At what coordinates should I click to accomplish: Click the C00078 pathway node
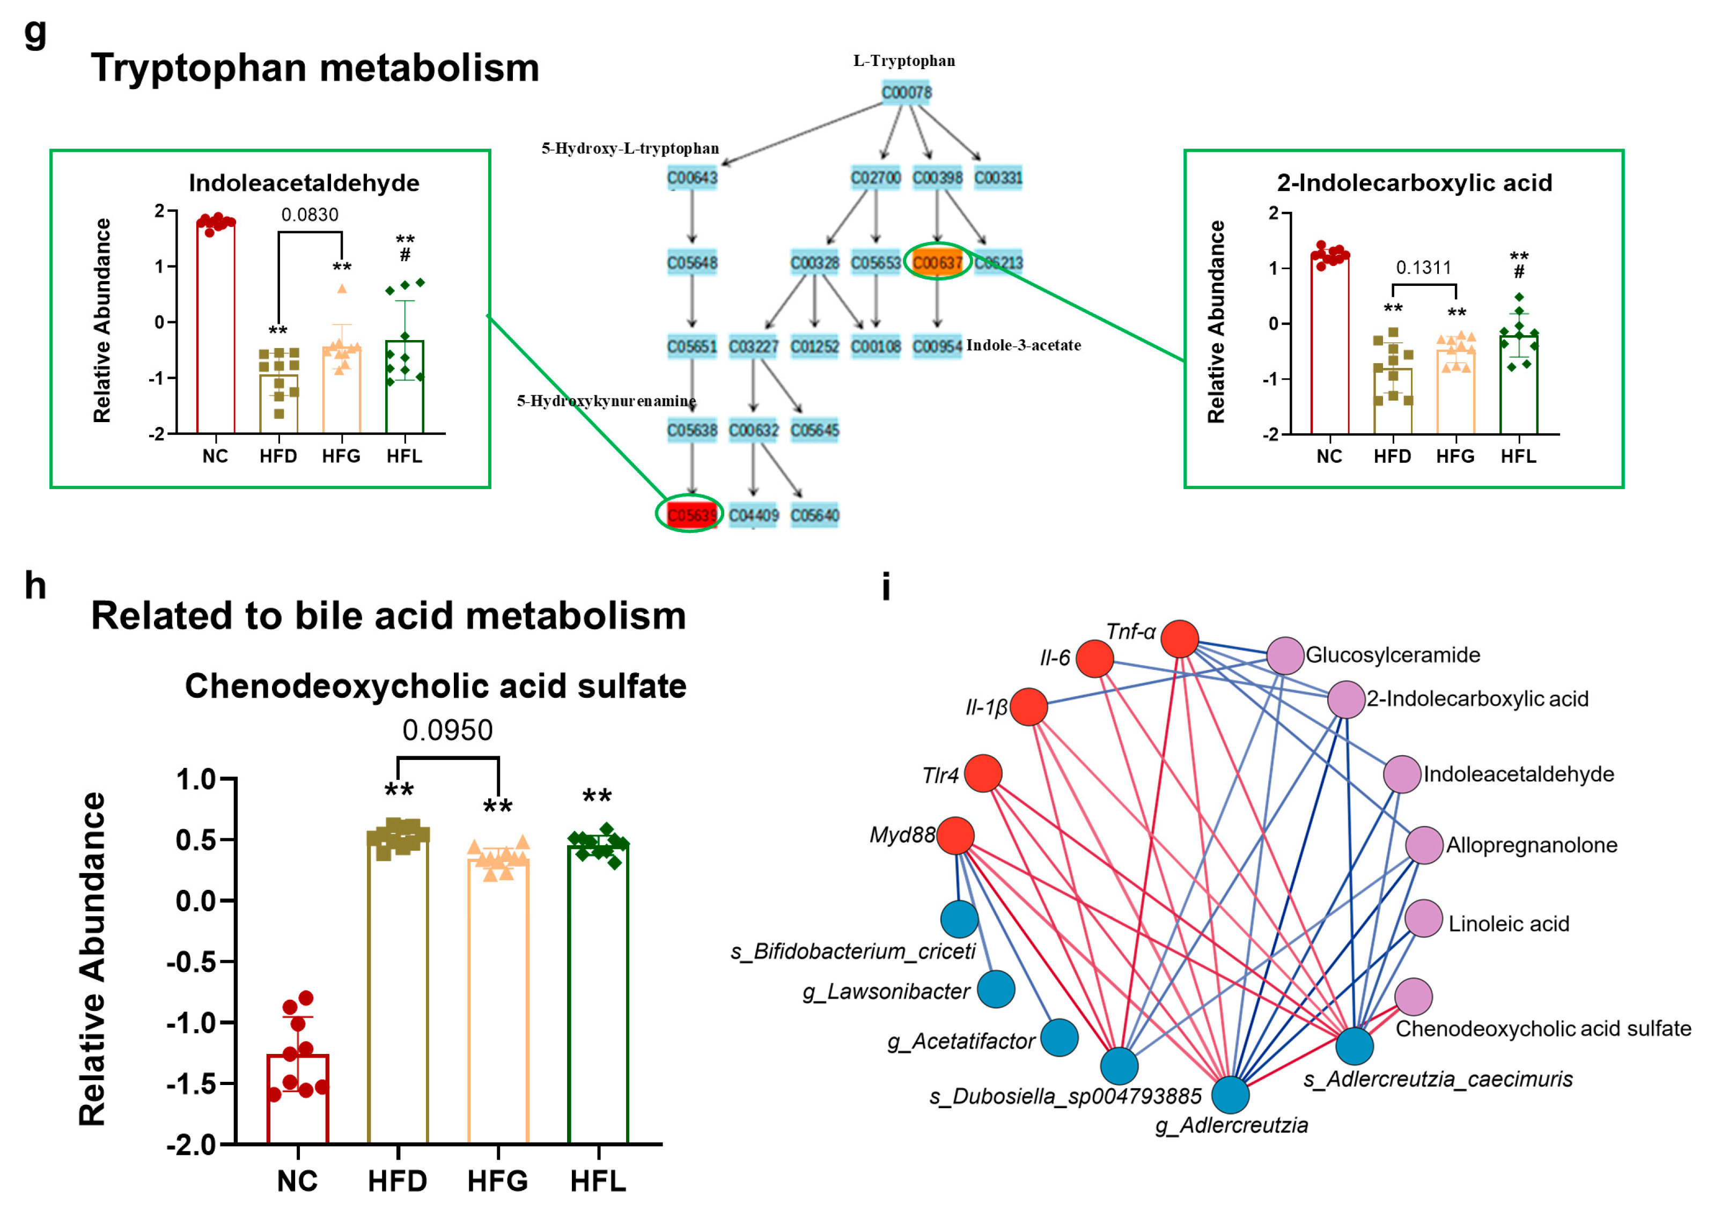[906, 93]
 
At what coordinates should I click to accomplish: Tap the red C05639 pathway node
[690, 514]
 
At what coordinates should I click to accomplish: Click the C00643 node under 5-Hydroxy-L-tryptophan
[692, 178]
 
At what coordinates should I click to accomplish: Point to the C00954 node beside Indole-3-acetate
[937, 346]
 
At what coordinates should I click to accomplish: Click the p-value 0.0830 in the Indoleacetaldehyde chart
[310, 215]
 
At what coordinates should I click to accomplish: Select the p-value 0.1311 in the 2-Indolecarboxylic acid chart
[1424, 267]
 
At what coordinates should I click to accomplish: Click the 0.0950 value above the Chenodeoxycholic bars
[447, 730]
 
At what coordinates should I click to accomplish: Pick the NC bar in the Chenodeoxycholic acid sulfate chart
[298, 1097]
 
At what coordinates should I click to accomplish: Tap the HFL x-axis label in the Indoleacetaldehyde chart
[404, 456]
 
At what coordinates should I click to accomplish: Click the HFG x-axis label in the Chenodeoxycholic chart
[497, 1181]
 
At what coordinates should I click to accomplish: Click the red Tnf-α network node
[1180, 639]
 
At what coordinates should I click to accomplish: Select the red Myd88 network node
[955, 835]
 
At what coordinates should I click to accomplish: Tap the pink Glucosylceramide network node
[1285, 656]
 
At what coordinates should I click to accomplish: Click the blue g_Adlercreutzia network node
[1230, 1095]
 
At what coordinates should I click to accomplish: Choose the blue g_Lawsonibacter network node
[996, 989]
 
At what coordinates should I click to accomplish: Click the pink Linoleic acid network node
[1424, 918]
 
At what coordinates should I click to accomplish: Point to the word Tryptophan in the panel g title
[198, 69]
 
